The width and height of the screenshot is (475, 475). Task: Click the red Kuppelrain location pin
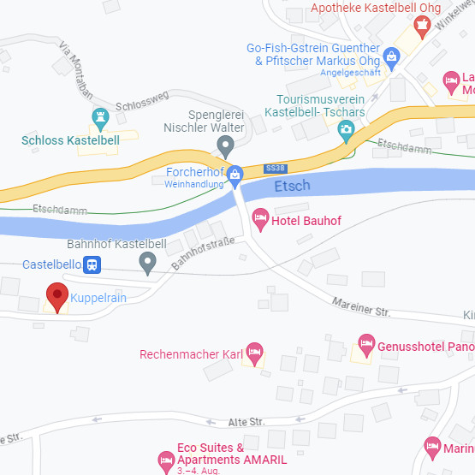(x=57, y=297)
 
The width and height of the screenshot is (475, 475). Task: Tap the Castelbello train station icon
(x=92, y=265)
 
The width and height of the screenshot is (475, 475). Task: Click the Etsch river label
(x=294, y=186)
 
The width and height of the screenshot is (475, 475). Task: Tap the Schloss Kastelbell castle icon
(x=101, y=116)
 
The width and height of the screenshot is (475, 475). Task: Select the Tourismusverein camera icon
(x=346, y=130)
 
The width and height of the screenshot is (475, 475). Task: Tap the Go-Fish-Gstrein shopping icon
(x=392, y=56)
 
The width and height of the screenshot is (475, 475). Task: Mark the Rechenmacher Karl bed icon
(x=253, y=352)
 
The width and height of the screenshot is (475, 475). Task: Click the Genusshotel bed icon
(x=366, y=344)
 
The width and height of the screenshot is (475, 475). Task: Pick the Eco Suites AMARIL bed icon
(x=166, y=460)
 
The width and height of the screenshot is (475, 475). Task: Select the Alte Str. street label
(x=246, y=422)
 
